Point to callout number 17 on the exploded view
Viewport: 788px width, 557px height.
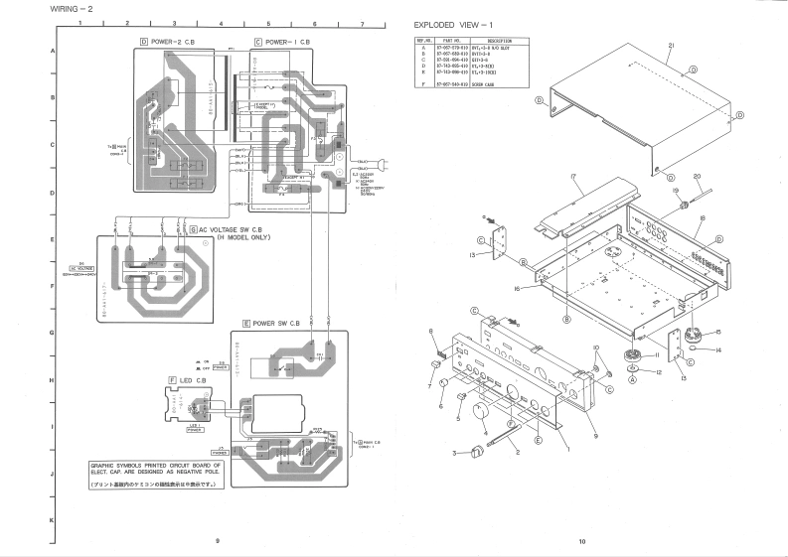click(x=575, y=176)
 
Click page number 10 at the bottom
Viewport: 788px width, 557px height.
click(x=583, y=542)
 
